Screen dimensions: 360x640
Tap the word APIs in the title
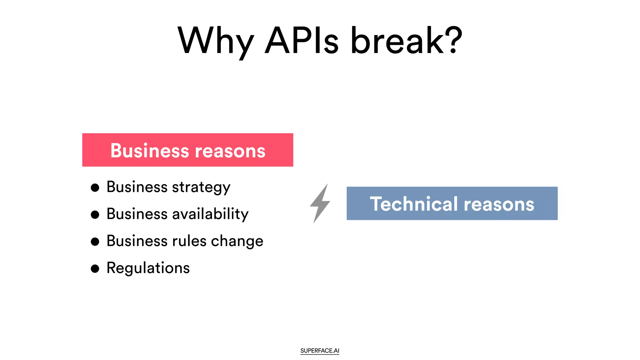(x=302, y=41)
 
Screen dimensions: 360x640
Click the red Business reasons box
(x=187, y=150)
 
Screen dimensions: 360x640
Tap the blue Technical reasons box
(x=452, y=203)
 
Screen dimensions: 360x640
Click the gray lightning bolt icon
(x=320, y=203)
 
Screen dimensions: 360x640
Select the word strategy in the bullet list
(x=201, y=187)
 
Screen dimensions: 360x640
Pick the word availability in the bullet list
(x=210, y=214)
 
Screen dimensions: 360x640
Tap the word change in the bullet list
(x=237, y=241)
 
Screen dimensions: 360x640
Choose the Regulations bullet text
(x=148, y=268)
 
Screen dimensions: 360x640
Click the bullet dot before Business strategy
(x=95, y=188)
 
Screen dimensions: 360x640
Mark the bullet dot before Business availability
(x=95, y=215)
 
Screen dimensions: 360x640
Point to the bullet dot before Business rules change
(x=95, y=242)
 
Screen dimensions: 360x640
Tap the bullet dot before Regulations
(x=95, y=268)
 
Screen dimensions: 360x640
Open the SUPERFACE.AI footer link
(x=320, y=351)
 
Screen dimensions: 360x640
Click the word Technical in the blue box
(x=414, y=204)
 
